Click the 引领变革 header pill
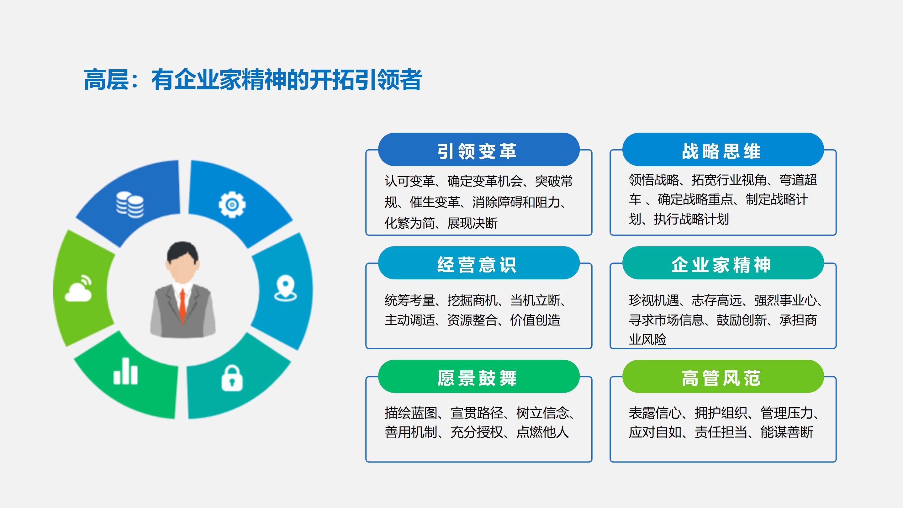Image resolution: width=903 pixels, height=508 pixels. point(478,149)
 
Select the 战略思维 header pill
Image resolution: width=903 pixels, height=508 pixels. point(723,149)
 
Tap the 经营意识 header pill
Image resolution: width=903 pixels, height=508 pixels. point(478,263)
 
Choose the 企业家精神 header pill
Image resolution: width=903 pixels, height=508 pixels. point(723,263)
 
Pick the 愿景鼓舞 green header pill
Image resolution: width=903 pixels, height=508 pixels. point(478,376)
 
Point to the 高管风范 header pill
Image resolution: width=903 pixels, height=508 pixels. point(723,376)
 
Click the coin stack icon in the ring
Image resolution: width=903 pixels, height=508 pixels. point(130,205)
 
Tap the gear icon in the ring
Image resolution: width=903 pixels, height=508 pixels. point(232,204)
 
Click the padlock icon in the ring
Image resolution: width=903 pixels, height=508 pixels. point(232,378)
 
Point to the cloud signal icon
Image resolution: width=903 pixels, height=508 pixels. point(78,288)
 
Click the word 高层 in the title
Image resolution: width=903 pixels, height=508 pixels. point(106,80)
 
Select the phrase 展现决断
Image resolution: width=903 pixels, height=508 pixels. point(473,223)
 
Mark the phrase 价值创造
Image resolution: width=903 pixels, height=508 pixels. point(535,320)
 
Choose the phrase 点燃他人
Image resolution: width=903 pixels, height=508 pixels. point(543,432)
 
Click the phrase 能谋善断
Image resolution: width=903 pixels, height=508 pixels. point(787,432)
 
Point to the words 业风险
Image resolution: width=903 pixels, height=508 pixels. point(647,339)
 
